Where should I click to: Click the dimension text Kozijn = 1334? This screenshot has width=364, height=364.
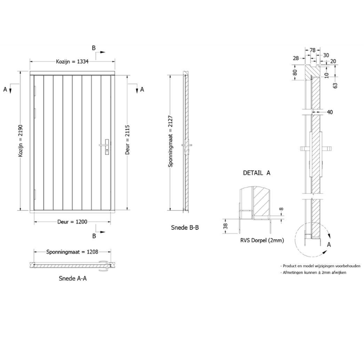coord(72,61)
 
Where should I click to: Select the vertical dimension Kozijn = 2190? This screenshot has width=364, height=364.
coord(21,141)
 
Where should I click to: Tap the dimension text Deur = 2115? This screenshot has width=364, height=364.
coord(127,140)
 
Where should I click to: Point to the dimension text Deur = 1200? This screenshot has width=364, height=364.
coord(72,222)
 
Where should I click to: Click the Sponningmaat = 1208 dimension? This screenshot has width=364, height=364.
coord(72,252)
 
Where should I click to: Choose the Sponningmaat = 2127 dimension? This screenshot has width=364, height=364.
coord(171,141)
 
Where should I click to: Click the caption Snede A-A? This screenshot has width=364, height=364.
coord(73,278)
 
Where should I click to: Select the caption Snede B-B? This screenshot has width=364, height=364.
coord(185,228)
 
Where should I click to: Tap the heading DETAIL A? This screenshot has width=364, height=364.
coord(256,173)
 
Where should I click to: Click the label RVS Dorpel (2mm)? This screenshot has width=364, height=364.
coord(262,240)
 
